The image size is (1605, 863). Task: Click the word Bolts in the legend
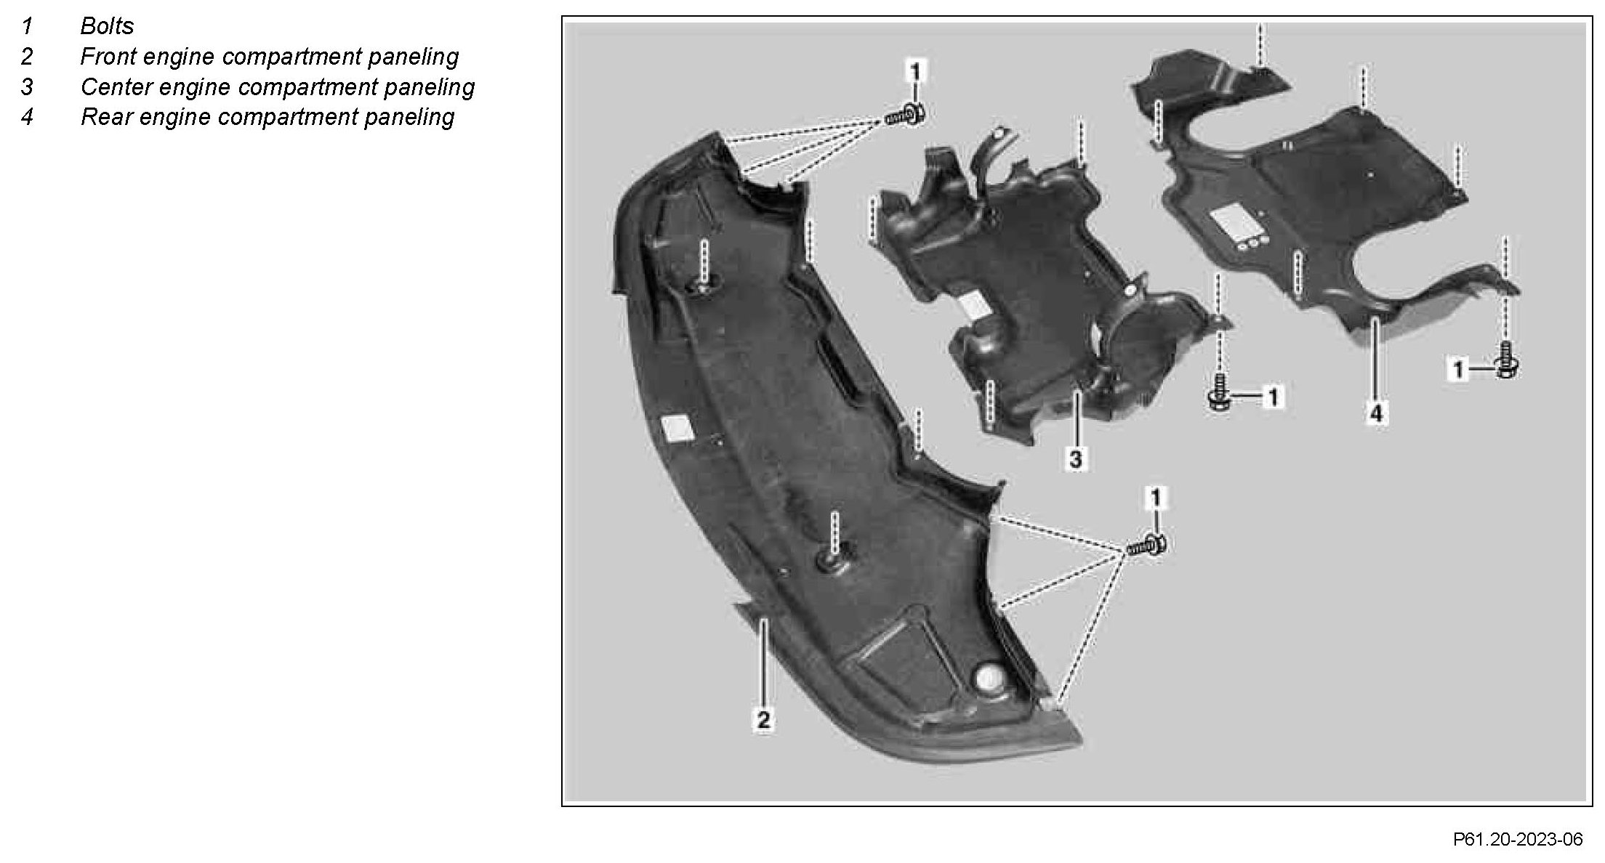coord(107,26)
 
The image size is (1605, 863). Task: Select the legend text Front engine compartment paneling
coord(269,57)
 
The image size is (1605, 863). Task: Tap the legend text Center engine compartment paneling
coord(277,87)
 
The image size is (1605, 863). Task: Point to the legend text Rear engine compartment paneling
coord(267,117)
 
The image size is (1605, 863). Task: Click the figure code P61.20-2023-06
coord(1518,840)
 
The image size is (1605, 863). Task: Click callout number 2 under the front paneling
coord(763,720)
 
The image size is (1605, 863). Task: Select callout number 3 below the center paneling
coord(1076,458)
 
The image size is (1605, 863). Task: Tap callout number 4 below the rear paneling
coord(1376,414)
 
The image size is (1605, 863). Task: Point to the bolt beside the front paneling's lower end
coord(1147,545)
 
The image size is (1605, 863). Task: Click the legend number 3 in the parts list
coord(27,87)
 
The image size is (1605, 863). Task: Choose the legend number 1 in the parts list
coord(27,26)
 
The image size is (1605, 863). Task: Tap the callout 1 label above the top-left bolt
coord(915,71)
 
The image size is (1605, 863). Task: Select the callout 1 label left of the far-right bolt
coord(1457,370)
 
